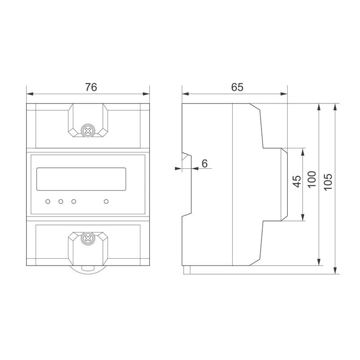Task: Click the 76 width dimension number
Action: (x=91, y=87)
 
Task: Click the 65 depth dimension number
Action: (x=237, y=87)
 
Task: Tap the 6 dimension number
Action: (x=204, y=163)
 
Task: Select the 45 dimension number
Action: (x=297, y=181)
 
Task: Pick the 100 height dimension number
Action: (x=312, y=180)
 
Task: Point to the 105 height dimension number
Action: (x=328, y=182)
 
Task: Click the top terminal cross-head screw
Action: (x=88, y=131)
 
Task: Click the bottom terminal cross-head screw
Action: (x=88, y=238)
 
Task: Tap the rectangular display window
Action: (x=81, y=179)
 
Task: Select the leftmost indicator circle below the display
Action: (x=48, y=202)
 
